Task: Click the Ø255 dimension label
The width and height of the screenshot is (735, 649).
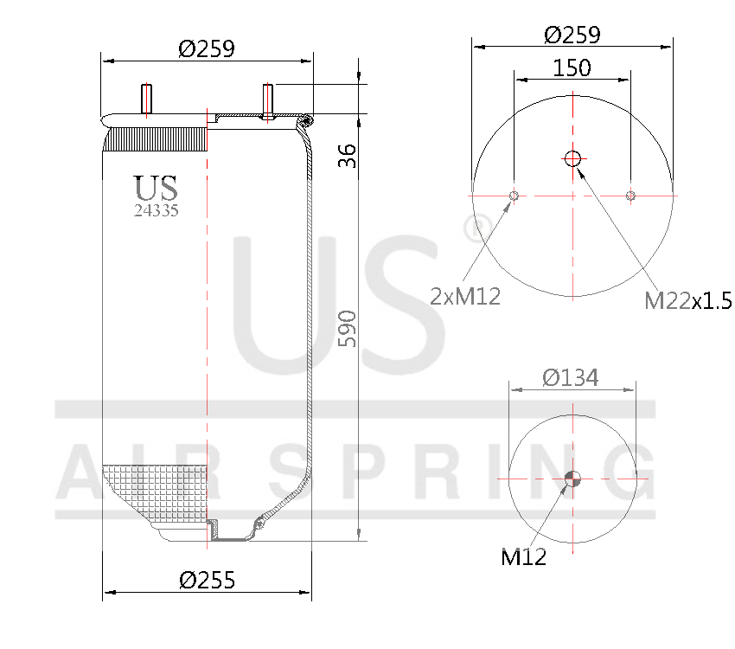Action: (207, 579)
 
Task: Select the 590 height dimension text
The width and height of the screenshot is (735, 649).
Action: (346, 328)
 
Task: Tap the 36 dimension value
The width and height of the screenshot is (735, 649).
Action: (346, 156)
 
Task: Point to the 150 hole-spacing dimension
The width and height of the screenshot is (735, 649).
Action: (572, 67)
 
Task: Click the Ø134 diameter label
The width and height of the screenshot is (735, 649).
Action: (570, 377)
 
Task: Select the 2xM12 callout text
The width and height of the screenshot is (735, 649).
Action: (465, 297)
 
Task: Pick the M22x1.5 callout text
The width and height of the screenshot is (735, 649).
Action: (687, 300)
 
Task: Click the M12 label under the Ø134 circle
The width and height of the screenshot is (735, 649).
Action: (524, 557)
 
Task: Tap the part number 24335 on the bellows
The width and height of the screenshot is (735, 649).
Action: (156, 210)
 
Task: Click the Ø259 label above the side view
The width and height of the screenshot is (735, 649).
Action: (207, 48)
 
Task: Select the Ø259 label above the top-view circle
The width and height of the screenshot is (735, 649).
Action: (572, 35)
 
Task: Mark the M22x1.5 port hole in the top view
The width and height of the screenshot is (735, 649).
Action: (572, 158)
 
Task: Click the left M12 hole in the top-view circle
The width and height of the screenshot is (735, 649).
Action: (514, 196)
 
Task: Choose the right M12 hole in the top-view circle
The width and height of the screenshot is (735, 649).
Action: (630, 196)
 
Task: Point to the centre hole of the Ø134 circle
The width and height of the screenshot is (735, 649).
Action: (572, 479)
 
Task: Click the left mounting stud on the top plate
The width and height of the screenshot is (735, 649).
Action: (146, 98)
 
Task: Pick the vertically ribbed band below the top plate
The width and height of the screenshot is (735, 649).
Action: (156, 138)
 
